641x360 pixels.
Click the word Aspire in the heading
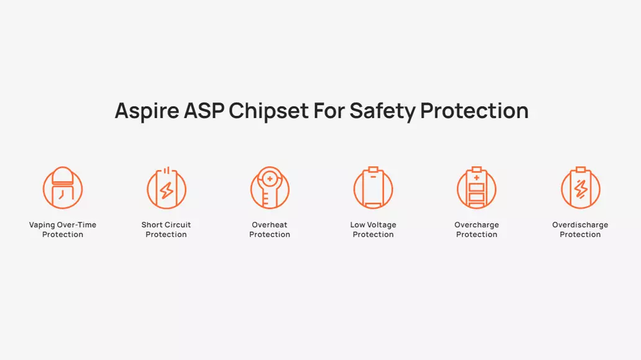(147, 110)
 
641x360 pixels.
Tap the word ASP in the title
(204, 110)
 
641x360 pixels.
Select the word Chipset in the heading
(268, 110)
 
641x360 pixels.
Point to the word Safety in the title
(382, 110)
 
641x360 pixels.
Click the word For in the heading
(329, 110)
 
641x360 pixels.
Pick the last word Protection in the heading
(474, 110)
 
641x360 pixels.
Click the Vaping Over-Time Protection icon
(63, 188)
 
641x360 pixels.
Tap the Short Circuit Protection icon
(166, 188)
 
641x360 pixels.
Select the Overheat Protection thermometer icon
(270, 188)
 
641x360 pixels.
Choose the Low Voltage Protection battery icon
(373, 188)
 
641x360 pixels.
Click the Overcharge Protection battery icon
(476, 188)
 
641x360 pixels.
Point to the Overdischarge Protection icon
(581, 188)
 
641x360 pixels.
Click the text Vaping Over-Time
(63, 225)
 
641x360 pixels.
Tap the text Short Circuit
(166, 225)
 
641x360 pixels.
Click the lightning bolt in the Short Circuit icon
(166, 191)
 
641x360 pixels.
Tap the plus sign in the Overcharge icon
(476, 178)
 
